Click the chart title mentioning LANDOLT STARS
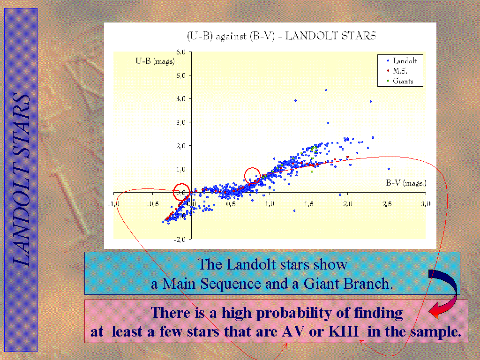(x=281, y=36)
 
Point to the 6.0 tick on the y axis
(x=181, y=52)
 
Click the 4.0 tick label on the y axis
(x=181, y=99)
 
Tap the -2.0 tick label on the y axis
(x=180, y=240)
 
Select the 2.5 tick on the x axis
(x=387, y=204)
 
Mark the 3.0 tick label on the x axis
(x=426, y=204)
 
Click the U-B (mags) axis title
(x=155, y=61)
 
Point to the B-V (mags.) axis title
(x=406, y=183)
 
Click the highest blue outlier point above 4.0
(x=326, y=90)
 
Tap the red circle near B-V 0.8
(x=252, y=176)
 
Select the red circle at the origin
(x=181, y=192)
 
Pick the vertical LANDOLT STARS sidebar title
(x=21, y=180)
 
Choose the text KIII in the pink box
(x=344, y=331)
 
